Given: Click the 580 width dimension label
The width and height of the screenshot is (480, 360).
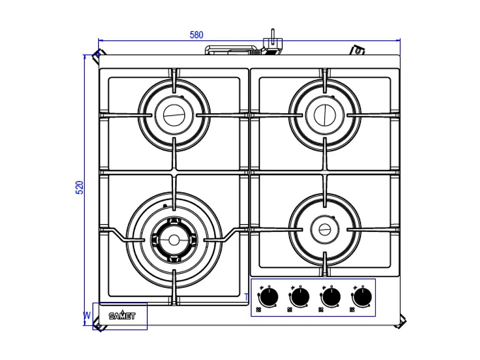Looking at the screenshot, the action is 196,35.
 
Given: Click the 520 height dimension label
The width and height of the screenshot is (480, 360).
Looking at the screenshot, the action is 80,187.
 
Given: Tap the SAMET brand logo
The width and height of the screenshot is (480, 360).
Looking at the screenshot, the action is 122,315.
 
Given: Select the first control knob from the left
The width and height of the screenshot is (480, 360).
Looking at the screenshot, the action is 269,297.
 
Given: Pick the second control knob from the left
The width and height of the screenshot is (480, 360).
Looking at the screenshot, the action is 300,297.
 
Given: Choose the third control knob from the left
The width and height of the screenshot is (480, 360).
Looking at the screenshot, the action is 331,297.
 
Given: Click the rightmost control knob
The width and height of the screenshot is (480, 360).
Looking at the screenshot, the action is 362,297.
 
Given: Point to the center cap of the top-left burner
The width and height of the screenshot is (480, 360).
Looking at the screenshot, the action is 174,115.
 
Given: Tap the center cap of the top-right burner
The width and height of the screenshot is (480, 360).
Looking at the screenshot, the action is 325,115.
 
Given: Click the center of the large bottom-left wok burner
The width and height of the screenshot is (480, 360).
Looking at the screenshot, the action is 174,240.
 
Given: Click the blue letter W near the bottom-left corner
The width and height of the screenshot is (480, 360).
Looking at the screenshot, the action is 87,315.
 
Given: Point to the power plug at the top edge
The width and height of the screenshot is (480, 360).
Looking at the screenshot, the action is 272,42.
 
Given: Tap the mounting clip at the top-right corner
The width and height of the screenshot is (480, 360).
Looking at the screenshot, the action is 357,50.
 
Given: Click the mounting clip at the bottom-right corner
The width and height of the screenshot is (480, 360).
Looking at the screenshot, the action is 401,322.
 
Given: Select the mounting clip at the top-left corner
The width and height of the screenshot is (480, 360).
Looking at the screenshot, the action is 98,56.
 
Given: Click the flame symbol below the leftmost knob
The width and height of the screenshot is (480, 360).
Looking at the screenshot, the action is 259,310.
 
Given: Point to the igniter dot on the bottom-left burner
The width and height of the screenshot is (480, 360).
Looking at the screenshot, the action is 165,206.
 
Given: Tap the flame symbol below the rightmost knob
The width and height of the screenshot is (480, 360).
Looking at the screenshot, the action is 352,310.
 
